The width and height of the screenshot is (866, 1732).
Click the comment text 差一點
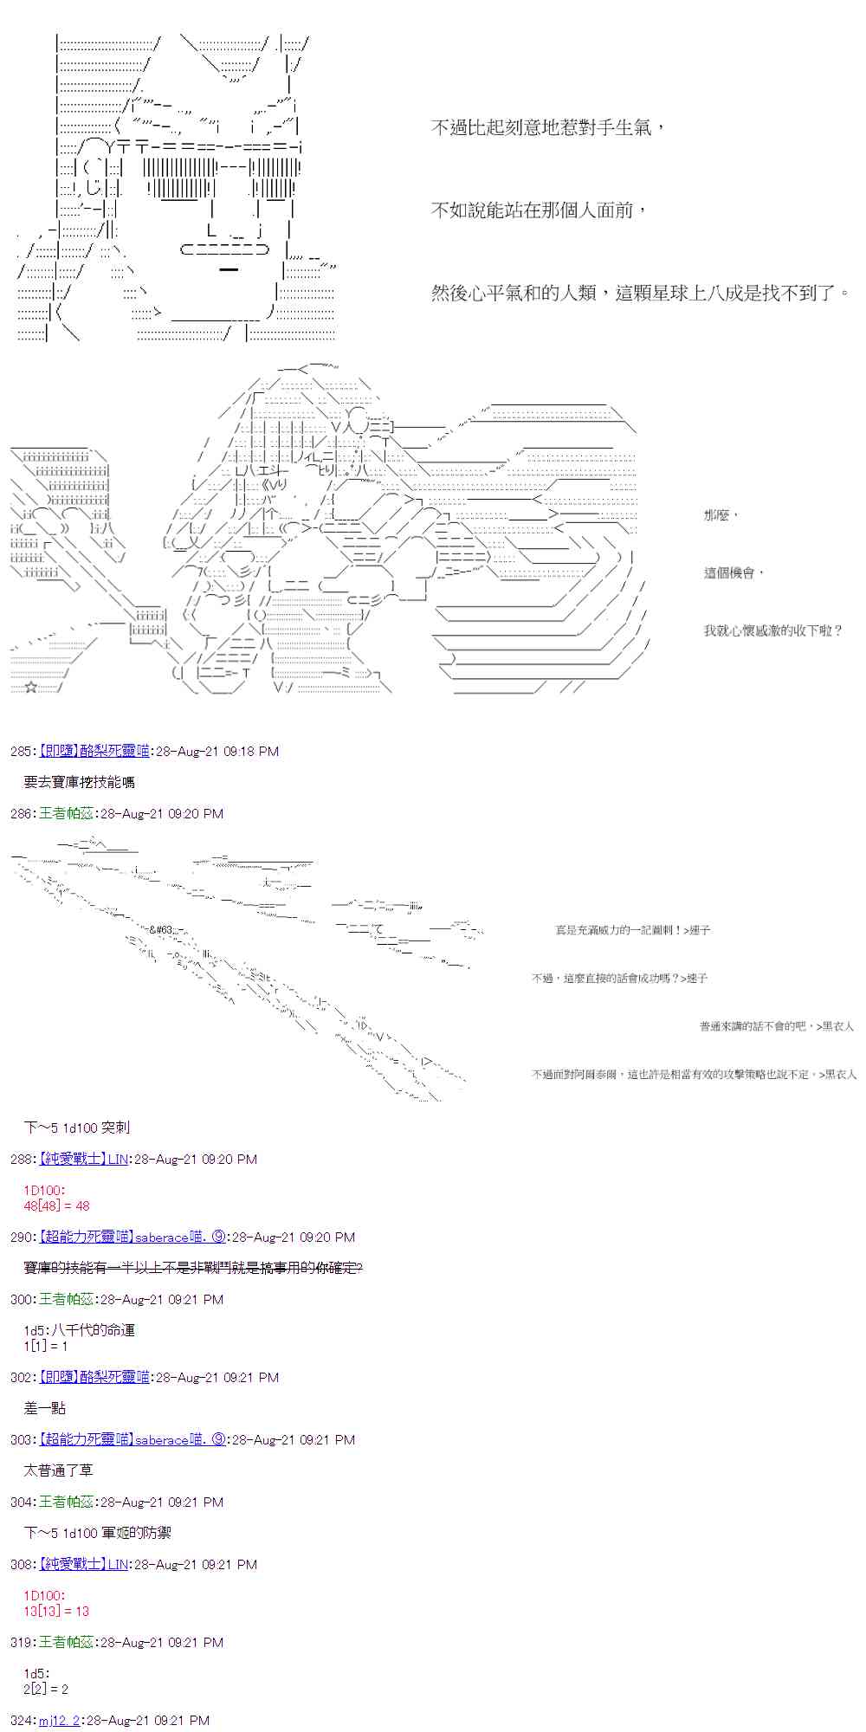45,1408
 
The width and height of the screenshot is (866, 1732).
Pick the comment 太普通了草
58,1470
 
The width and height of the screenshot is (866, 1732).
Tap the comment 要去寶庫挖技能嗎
79,782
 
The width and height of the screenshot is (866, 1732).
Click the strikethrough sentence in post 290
193,1268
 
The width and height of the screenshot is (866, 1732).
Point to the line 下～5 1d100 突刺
77,1128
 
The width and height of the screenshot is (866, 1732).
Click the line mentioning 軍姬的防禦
97,1533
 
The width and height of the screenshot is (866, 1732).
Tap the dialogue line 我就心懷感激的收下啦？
772,630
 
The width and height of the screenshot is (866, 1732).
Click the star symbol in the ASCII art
31,688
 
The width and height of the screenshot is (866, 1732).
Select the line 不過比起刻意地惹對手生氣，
549,127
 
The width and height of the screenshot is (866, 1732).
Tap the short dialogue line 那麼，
721,514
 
